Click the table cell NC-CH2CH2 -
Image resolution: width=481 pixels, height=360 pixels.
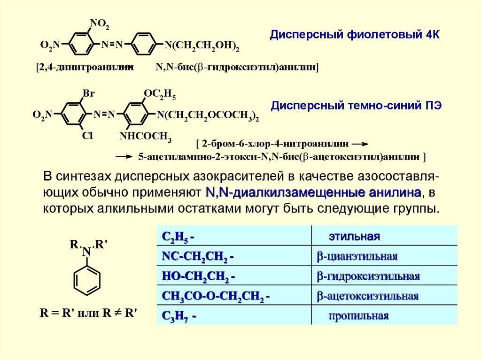[198, 256]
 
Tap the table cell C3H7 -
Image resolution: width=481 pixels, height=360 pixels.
[179, 316]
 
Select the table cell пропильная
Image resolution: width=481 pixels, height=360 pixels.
[358, 316]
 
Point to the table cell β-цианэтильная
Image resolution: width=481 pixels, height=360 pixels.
[357, 256]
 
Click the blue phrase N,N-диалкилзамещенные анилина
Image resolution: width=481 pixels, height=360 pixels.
[313, 193]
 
